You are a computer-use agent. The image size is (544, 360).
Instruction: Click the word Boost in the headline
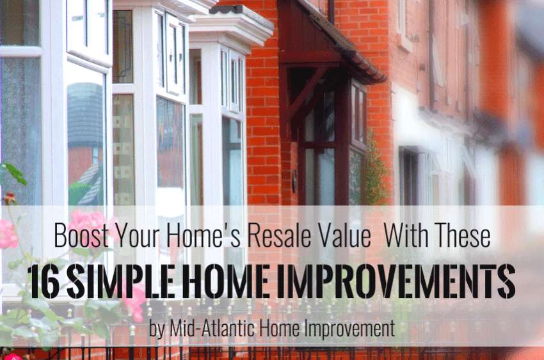[x=81, y=235]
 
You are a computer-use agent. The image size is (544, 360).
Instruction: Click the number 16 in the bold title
[x=44, y=281]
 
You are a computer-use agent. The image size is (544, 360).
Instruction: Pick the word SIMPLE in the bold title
[x=120, y=281]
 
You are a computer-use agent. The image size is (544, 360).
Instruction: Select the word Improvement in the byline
[x=349, y=328]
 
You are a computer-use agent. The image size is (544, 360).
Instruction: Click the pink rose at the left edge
[x=8, y=234]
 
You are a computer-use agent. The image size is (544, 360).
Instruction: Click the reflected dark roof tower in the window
[x=85, y=114]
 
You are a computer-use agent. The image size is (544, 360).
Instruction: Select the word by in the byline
[x=157, y=329]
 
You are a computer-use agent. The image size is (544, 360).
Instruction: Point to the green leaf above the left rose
[x=15, y=173]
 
